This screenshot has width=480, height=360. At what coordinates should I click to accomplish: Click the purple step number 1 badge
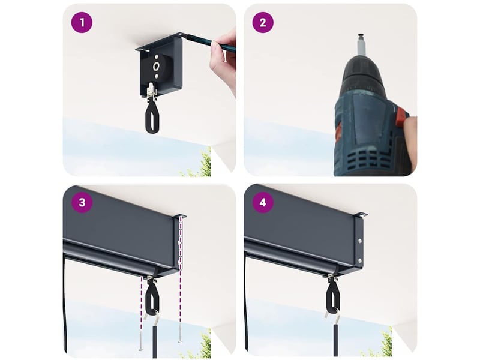pos(82,22)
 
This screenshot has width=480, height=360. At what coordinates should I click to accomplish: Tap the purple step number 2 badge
pos(263,22)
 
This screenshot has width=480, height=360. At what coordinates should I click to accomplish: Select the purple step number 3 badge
pos(82,202)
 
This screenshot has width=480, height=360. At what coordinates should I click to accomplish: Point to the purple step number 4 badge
pos(263,202)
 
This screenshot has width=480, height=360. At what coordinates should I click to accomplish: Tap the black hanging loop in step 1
pos(152,118)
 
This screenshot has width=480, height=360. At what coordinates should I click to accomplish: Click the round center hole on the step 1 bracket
pos(157,66)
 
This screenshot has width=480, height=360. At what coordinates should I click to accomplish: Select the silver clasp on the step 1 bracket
pos(151,91)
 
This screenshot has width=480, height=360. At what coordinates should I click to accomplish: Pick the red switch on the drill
pos(401,117)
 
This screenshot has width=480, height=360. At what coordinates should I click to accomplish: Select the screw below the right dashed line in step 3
pos(179,333)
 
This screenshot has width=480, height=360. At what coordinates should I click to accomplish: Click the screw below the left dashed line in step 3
pos(141,340)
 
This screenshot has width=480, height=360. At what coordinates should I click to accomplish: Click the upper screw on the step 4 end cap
pos(359,241)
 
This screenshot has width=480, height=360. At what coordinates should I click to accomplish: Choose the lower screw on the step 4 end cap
pos(359,261)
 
